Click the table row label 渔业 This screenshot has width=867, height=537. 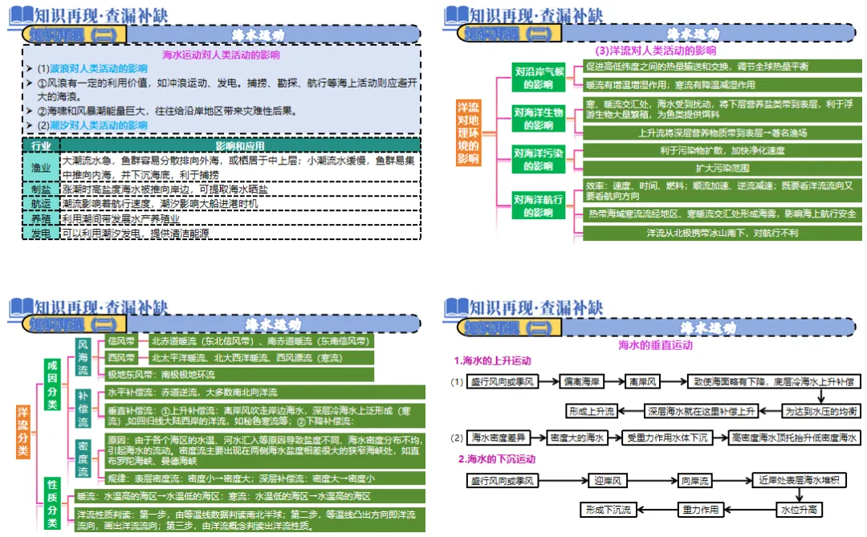click(41, 168)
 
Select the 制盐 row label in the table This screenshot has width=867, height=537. click(41, 189)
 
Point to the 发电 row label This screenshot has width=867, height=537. click(41, 233)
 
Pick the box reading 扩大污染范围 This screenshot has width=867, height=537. click(715, 168)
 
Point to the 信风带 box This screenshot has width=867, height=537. click(122, 340)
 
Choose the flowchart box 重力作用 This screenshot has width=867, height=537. click(700, 509)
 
